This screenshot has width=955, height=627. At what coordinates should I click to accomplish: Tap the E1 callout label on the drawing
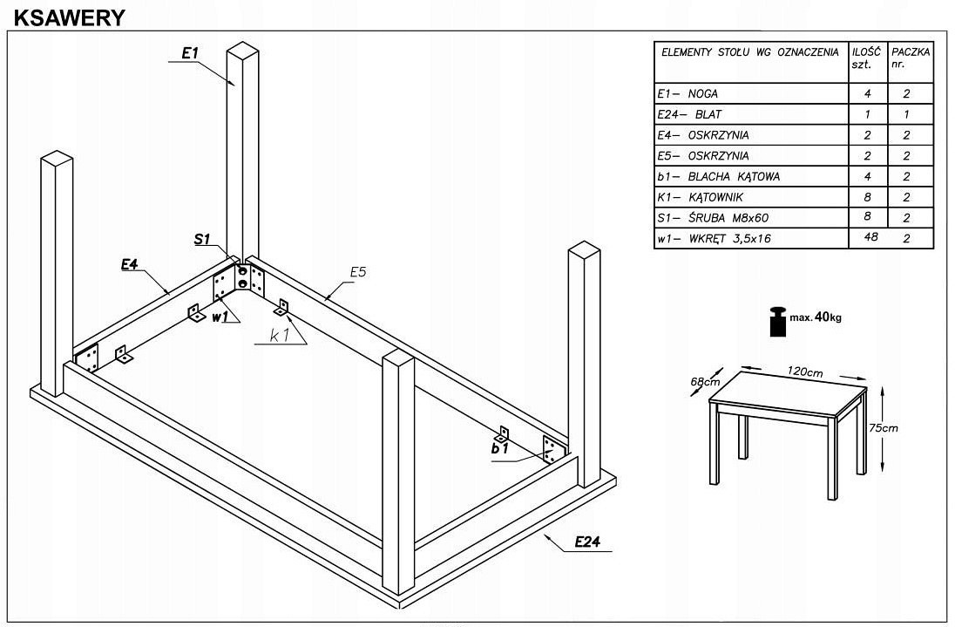point(190,54)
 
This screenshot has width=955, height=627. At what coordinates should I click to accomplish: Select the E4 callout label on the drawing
point(129,264)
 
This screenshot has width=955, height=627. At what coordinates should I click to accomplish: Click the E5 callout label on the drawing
point(357,273)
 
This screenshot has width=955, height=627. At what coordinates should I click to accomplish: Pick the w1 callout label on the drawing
point(220,317)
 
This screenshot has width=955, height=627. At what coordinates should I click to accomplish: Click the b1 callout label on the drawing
point(498,448)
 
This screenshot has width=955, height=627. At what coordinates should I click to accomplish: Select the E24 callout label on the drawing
point(588,542)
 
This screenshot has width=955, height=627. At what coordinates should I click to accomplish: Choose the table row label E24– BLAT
point(690,114)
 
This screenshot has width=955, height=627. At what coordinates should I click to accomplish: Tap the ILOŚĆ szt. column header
point(868,58)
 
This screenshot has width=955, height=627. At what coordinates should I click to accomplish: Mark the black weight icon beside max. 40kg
point(777,320)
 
